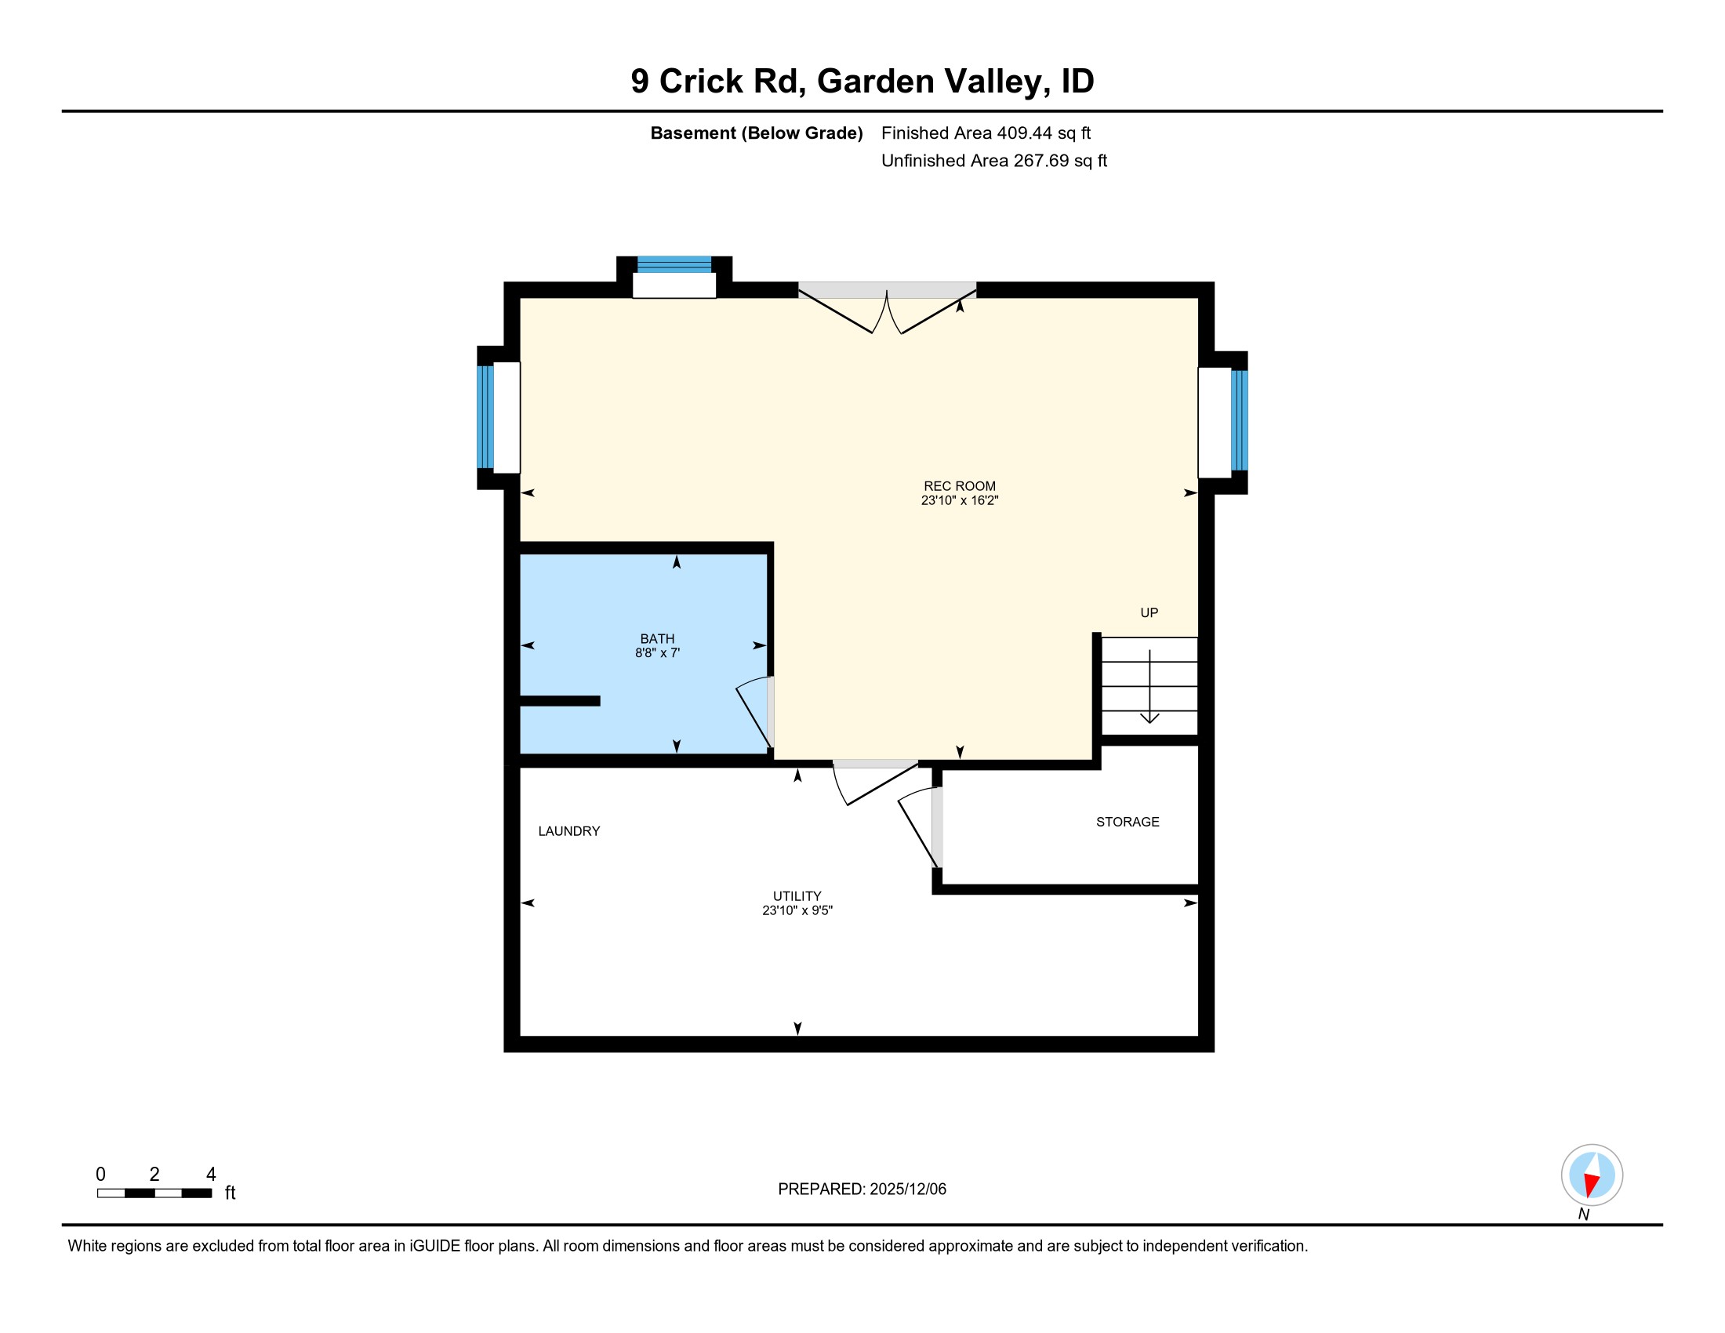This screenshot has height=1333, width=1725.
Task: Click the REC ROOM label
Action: (959, 485)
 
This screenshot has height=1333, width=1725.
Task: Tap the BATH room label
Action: (657, 638)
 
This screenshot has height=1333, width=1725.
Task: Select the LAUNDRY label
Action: (568, 830)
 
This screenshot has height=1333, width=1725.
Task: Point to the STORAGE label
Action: (1127, 821)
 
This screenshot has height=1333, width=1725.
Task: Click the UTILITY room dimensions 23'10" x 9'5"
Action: (797, 910)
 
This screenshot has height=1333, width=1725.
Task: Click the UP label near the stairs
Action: (1149, 612)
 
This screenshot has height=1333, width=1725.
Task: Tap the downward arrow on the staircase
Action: (1149, 687)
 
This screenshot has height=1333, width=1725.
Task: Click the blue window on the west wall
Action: (485, 417)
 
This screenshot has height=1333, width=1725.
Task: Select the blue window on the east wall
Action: (1238, 420)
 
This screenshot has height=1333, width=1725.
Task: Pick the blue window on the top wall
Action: (674, 264)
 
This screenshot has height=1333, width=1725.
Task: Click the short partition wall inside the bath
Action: (559, 700)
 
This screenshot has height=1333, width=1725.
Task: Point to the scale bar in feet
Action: (154, 1193)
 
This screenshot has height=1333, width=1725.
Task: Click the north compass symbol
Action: (1591, 1175)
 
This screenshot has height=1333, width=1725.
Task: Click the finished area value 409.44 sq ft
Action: (1043, 133)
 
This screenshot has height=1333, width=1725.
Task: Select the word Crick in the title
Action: (700, 82)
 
